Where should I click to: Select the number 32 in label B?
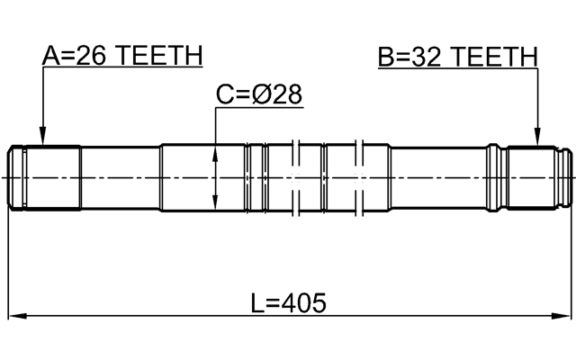pos(427,57)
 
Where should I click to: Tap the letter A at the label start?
pos(51,57)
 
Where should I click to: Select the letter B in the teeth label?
pos(386,57)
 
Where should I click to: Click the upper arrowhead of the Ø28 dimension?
pos(216,153)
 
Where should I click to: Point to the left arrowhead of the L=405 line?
pos(15,316)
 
